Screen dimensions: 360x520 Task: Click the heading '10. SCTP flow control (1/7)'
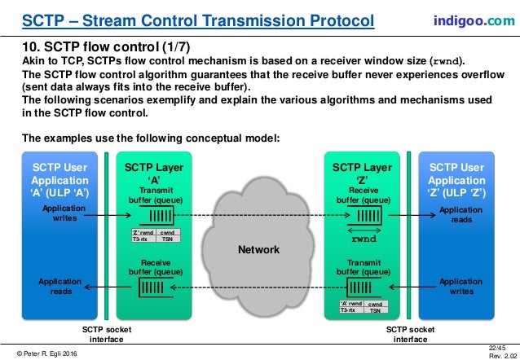tap(106, 47)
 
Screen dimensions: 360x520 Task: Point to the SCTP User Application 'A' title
tap(60, 180)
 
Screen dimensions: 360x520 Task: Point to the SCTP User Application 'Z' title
tap(460, 180)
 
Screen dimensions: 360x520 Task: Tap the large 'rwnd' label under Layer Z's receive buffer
tap(364, 240)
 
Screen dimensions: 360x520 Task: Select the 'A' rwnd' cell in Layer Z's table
tap(351, 304)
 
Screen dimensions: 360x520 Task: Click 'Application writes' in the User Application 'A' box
tap(60, 213)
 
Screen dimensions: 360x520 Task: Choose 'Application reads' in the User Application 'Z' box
tap(461, 213)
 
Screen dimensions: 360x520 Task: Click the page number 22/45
tap(506, 345)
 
